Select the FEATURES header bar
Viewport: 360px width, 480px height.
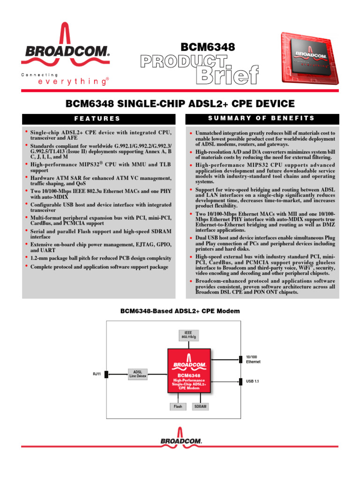click(x=98, y=119)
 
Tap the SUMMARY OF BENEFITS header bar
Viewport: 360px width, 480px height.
click(x=262, y=119)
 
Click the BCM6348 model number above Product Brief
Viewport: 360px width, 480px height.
click(x=208, y=47)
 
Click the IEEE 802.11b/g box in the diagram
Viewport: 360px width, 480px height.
click(x=188, y=335)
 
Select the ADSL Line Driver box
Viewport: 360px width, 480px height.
click(x=138, y=374)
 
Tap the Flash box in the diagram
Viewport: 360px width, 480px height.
click(x=178, y=406)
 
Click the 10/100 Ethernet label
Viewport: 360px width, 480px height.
click(x=253, y=359)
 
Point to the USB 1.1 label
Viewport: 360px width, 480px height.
click(x=253, y=382)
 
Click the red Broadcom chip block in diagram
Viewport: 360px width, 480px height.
click(x=189, y=371)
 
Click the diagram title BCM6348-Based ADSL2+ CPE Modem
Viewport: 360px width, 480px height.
click(x=180, y=311)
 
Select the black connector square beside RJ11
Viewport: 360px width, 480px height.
click(x=107, y=374)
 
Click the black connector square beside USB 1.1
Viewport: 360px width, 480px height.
click(x=241, y=382)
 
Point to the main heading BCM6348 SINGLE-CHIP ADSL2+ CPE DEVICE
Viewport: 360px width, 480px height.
click(x=180, y=104)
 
